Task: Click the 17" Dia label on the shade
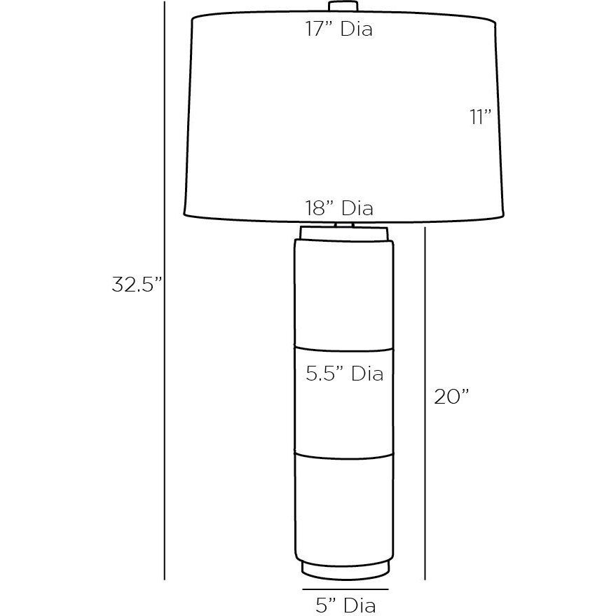pos(338,29)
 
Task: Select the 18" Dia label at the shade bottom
pos(339,208)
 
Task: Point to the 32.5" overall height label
pos(137,285)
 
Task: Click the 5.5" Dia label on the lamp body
pos(344,374)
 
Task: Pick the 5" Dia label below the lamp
pos(345,603)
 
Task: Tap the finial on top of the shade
pos(343,6)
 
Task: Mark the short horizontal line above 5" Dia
pos(345,589)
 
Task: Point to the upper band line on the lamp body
pos(343,348)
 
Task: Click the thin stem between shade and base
pos(343,224)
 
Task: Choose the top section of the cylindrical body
pos(343,294)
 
